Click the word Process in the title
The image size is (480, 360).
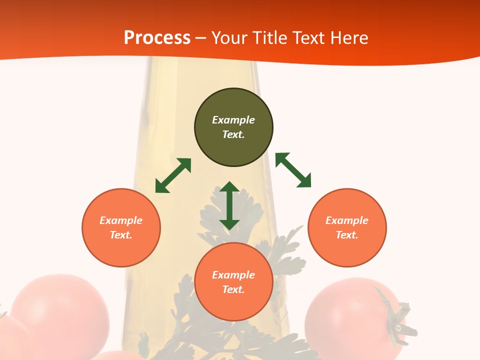click(x=157, y=38)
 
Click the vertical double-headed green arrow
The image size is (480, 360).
click(x=229, y=205)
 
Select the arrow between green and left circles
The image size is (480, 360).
click(x=173, y=175)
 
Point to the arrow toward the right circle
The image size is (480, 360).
click(x=293, y=170)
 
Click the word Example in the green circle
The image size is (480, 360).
click(x=233, y=120)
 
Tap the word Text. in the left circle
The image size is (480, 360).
click(x=121, y=235)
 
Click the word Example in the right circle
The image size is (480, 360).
click(x=347, y=220)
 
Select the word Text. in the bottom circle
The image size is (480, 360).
click(x=233, y=289)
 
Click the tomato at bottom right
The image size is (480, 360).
click(x=350, y=315)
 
